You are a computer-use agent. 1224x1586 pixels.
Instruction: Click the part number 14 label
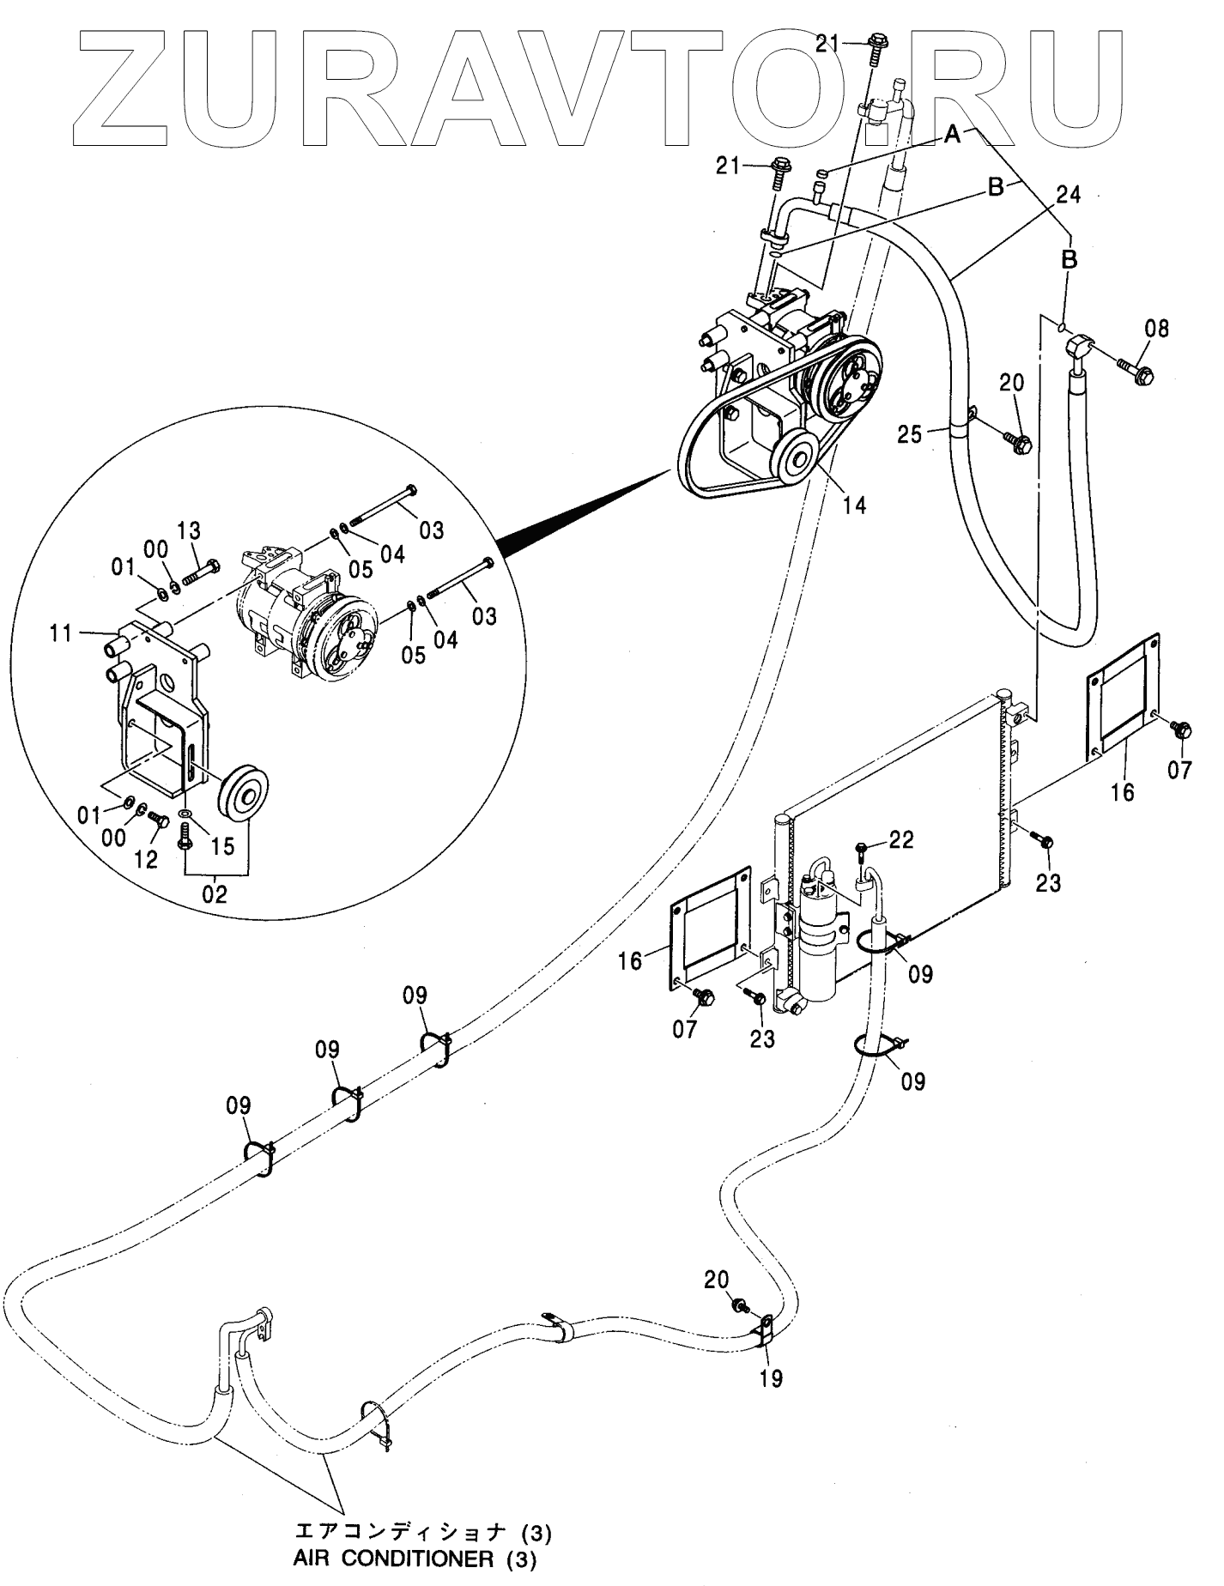(853, 505)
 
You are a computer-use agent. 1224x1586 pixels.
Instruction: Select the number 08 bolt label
(1156, 329)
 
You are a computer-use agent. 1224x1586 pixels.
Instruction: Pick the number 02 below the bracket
(215, 894)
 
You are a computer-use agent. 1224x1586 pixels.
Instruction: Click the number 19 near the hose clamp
(772, 1379)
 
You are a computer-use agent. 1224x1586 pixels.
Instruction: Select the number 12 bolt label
(146, 859)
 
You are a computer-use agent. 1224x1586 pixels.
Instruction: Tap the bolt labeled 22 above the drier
(863, 856)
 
